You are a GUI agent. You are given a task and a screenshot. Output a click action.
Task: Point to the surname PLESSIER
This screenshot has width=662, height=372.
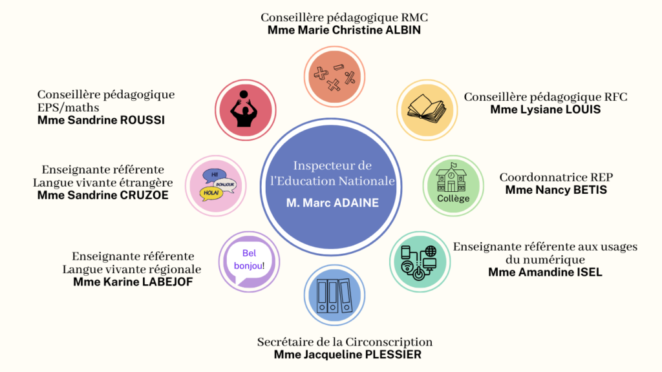pyautogui.click(x=394, y=355)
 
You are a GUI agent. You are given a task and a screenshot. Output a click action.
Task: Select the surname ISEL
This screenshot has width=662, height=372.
pyautogui.click(x=589, y=273)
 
